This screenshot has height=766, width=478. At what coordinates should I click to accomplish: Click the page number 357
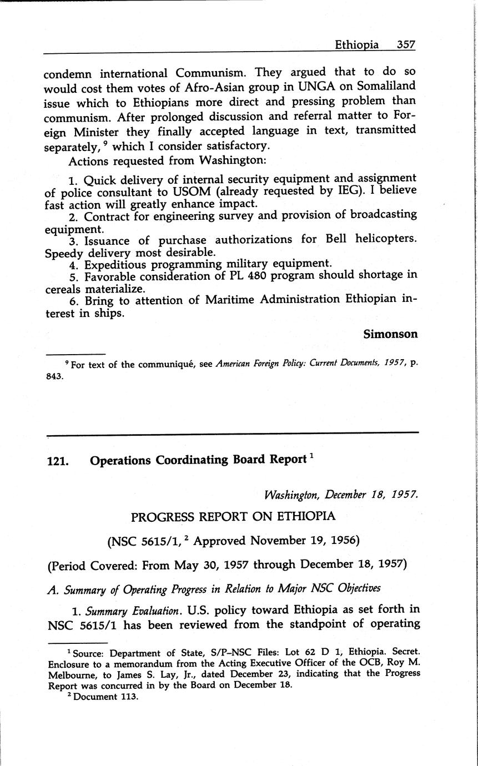[x=406, y=44]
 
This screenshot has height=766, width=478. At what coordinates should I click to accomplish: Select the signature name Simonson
[x=390, y=334]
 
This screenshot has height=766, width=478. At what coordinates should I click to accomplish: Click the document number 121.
[x=58, y=461]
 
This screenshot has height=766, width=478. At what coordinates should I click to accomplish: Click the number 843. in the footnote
[x=55, y=375]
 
